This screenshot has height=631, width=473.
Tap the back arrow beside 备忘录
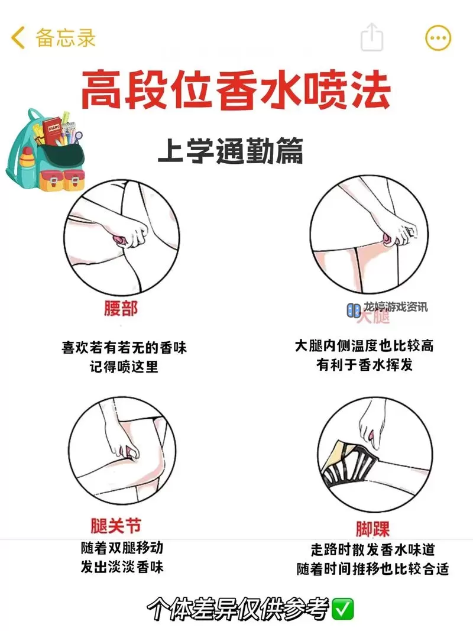click(18, 38)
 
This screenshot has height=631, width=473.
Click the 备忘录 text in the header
click(65, 38)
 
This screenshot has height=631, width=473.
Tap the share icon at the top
click(372, 38)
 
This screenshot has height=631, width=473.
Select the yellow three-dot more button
click(438, 38)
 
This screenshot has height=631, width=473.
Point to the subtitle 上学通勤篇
click(230, 151)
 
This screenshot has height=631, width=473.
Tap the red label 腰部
click(120, 309)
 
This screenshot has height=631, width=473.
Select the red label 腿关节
click(116, 525)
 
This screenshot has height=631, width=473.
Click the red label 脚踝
click(372, 528)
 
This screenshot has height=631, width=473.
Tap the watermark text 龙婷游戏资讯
click(394, 308)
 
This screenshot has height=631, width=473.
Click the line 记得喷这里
click(124, 367)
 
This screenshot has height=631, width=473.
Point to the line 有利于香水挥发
click(364, 365)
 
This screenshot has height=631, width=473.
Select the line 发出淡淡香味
click(122, 567)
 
